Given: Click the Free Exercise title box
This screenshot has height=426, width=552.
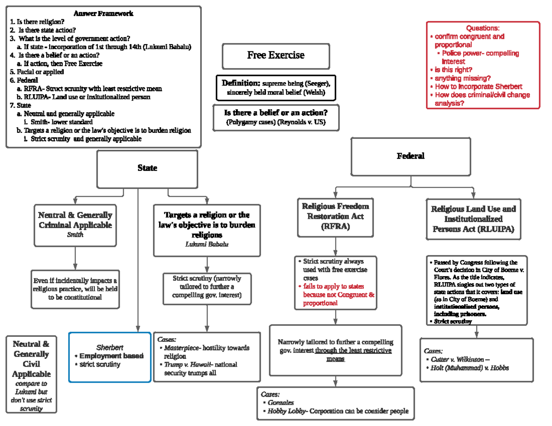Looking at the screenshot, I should pos(276,56).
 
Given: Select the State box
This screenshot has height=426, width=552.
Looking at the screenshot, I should pos(147,168).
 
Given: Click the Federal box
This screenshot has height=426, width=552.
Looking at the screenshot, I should pos(410,156).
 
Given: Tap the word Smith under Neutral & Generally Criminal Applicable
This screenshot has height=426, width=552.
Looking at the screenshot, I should pos(75,235).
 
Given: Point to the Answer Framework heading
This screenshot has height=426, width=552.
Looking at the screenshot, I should pos(103,13).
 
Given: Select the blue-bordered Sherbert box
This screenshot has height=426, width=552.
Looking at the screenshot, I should pos(109,357).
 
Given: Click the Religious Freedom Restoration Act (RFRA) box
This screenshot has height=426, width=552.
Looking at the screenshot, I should pos(335,216).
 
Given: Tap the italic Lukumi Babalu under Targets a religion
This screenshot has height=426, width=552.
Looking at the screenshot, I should pos(207,244).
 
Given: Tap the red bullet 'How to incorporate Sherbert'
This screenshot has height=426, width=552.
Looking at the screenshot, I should pos(478,86).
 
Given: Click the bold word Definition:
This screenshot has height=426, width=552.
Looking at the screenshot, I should pos(241,83).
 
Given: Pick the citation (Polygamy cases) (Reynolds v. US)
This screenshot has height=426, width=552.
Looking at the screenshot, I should pos(276,122).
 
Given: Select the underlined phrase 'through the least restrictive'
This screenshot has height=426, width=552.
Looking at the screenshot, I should pos(353,351).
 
